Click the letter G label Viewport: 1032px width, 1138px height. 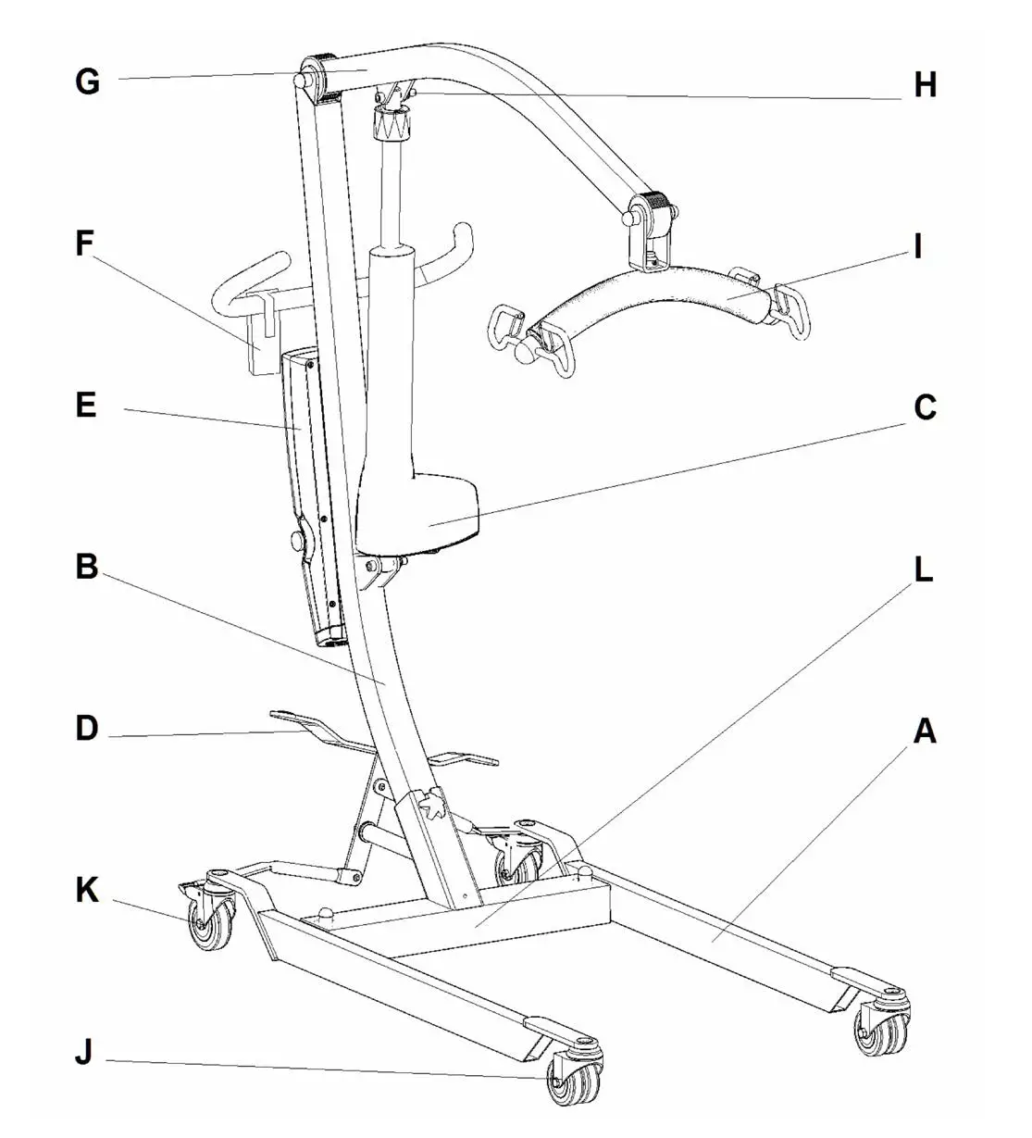87,81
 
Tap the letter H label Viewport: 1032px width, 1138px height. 925,85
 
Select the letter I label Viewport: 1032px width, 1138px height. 917,247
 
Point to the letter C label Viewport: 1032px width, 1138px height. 925,407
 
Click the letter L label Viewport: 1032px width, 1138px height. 923,570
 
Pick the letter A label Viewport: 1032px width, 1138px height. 925,732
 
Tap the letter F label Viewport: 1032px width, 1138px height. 85,244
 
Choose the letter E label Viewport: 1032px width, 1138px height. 85,406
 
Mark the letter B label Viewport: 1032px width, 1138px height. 86,567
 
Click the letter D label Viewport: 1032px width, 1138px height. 86,728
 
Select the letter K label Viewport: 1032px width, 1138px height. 86,890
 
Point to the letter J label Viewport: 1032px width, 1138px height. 84,1053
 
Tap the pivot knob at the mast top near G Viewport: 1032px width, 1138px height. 302,81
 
